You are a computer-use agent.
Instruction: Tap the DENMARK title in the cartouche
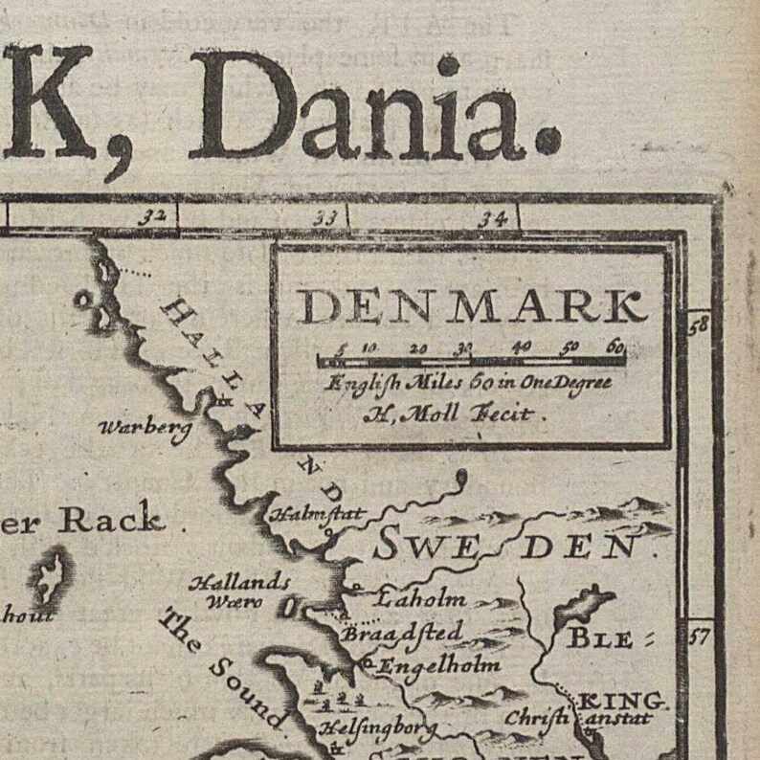click(471, 306)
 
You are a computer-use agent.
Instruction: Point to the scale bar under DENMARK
click(471, 361)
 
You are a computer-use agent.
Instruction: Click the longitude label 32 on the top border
click(151, 217)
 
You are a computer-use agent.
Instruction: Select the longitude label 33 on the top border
click(325, 219)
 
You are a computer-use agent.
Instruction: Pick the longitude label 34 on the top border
click(492, 219)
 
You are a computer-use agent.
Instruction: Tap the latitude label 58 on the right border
click(699, 324)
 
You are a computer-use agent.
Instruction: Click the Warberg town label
click(145, 428)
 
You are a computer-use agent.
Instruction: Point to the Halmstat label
click(317, 514)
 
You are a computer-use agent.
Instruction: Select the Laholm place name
click(420, 600)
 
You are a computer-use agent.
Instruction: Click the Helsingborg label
click(376, 730)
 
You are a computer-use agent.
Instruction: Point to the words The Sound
click(220, 670)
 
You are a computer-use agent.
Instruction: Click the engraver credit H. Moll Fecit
click(454, 414)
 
